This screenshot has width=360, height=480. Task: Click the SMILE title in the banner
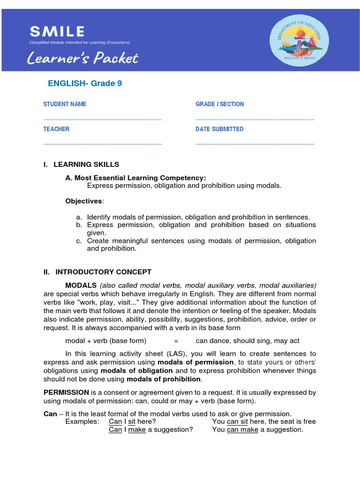[57, 32]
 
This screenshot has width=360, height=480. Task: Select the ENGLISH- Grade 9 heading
[85, 83]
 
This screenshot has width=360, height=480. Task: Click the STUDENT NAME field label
[65, 104]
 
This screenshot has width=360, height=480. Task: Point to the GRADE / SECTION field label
[219, 104]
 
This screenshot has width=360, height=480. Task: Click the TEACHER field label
[56, 129]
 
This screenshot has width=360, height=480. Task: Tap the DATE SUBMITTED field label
[219, 129]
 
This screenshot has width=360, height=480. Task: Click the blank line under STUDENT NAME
[102, 120]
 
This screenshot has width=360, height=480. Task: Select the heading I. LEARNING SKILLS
[81, 165]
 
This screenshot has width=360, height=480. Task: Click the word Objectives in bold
[83, 201]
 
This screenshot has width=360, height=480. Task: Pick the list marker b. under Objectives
[79, 225]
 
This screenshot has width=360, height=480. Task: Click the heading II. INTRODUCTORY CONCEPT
[97, 272]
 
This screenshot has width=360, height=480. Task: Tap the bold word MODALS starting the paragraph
[81, 285]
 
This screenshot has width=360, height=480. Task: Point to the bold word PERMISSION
[66, 392]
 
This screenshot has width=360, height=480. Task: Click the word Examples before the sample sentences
[82, 421]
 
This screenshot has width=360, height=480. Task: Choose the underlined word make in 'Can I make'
[137, 430]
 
